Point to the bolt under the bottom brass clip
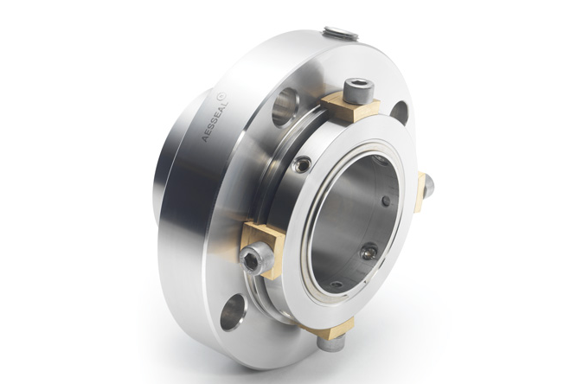pos(328,342)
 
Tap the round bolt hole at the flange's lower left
pos(232,311)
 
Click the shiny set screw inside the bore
pos(369,251)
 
